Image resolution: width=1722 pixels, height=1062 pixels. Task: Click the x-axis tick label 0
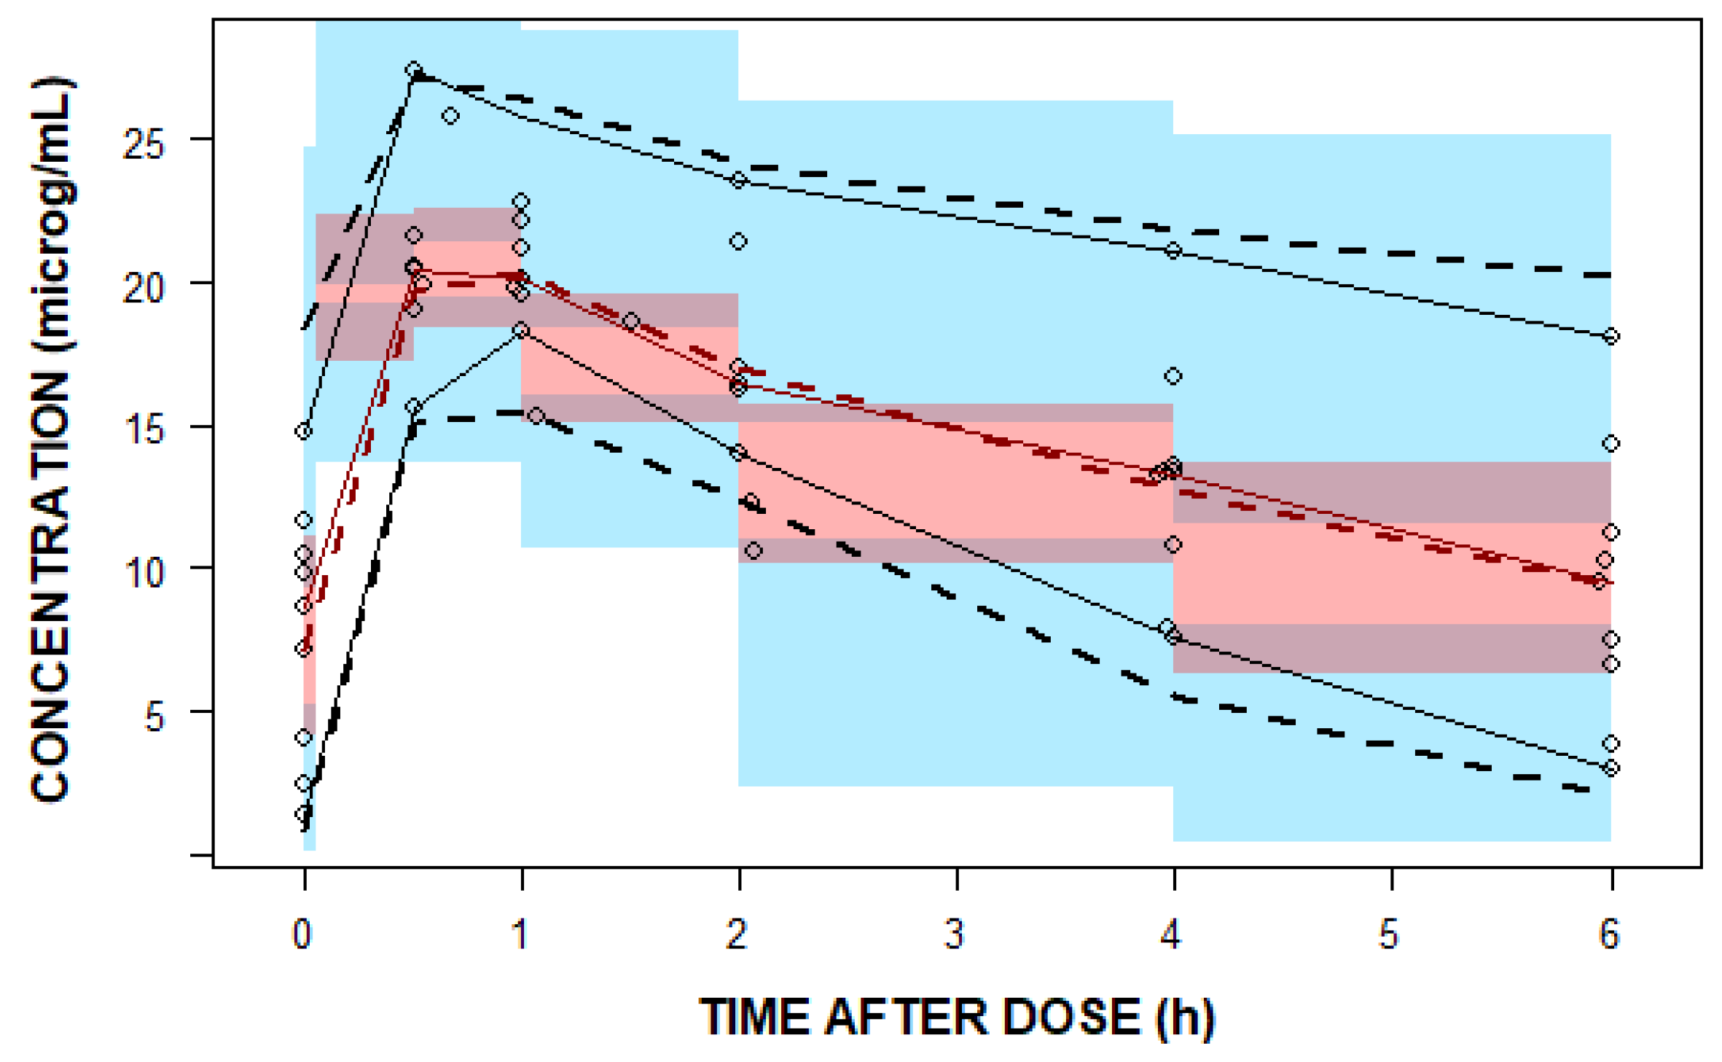tap(302, 934)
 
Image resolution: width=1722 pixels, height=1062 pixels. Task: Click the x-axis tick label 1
tap(520, 934)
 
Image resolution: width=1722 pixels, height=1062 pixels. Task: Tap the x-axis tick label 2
tap(737, 934)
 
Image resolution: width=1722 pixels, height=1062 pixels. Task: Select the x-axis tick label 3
tap(955, 934)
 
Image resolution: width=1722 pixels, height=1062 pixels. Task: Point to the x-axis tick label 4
tap(1171, 934)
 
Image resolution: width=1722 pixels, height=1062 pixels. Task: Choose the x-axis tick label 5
tap(1389, 934)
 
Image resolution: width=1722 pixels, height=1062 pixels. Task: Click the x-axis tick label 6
tap(1609, 934)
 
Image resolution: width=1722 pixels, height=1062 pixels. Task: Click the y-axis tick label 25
tap(144, 145)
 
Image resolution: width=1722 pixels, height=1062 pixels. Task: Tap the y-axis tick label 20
tap(144, 289)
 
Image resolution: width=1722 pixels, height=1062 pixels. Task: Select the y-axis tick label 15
tap(144, 430)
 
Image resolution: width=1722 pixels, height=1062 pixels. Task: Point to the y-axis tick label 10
tap(144, 573)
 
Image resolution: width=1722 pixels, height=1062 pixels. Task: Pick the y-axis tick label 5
tap(154, 717)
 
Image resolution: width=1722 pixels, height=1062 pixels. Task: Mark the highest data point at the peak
tap(414, 70)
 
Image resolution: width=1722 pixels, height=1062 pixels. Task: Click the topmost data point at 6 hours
tap(1611, 336)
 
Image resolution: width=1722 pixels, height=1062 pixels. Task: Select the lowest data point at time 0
tap(304, 813)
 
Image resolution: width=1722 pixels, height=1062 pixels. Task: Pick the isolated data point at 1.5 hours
tap(631, 321)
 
